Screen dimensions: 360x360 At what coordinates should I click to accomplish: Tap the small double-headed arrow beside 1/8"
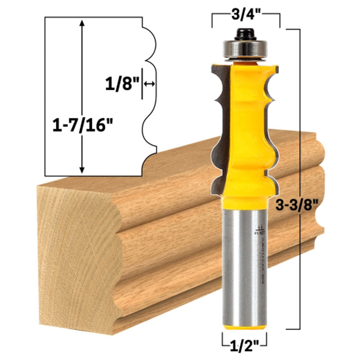[x=150, y=84]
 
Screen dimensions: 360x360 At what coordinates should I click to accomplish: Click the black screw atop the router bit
[x=245, y=33]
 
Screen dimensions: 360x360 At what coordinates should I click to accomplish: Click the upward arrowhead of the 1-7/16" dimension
[x=81, y=23]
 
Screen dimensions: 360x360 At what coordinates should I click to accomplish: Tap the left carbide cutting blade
[x=218, y=130]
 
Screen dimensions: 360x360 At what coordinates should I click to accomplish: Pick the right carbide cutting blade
[x=273, y=130]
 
